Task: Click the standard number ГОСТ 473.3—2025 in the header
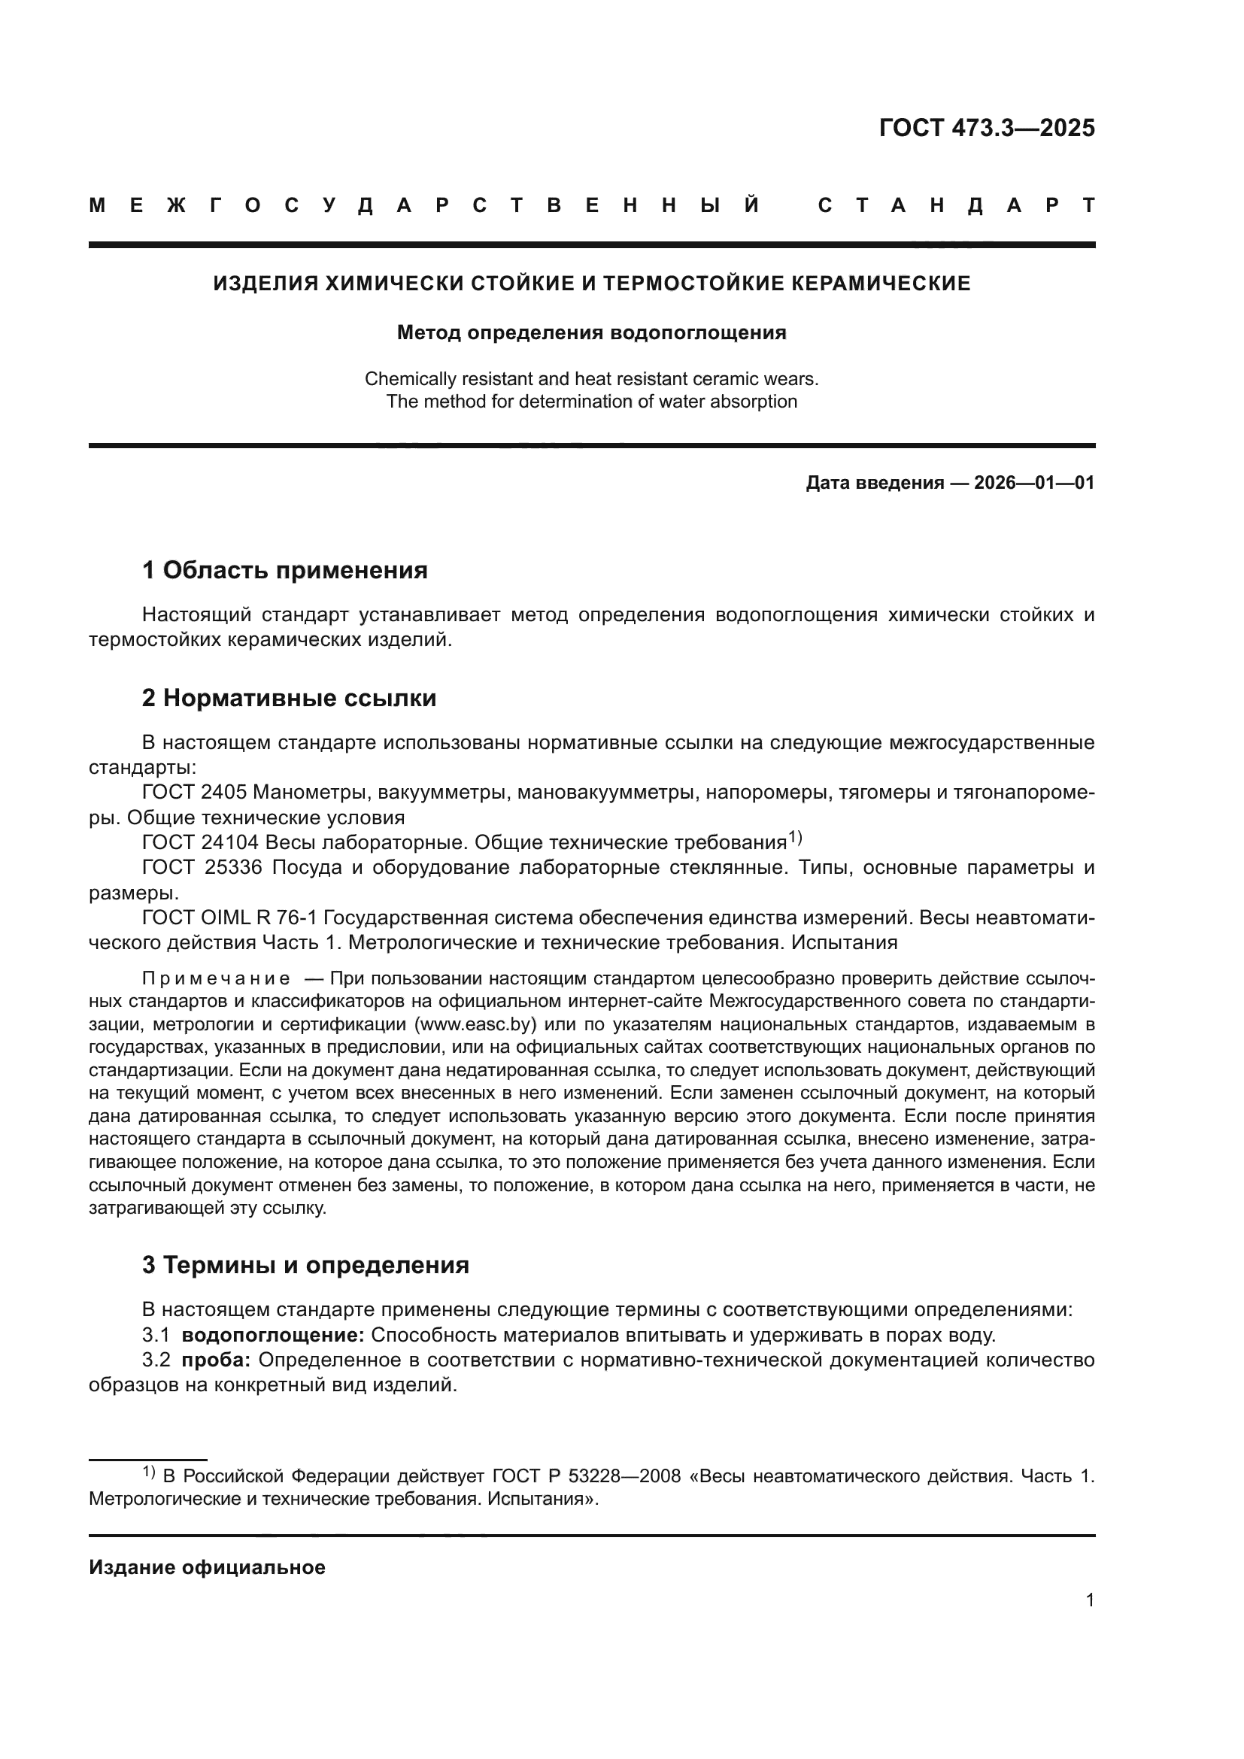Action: pos(987,127)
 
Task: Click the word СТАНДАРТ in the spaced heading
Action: pos(956,205)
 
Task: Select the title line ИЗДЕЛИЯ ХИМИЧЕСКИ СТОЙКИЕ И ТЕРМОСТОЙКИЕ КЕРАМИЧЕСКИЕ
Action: pos(591,284)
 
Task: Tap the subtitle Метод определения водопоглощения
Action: pos(591,332)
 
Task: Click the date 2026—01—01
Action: pos(1034,483)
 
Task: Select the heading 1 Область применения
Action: pos(284,570)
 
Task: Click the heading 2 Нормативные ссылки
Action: pos(289,698)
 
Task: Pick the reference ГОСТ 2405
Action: pos(194,792)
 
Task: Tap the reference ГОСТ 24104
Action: pos(200,843)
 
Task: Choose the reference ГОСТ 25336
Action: pos(202,867)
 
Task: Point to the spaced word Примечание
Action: pos(216,978)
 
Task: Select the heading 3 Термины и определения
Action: pos(305,1265)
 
